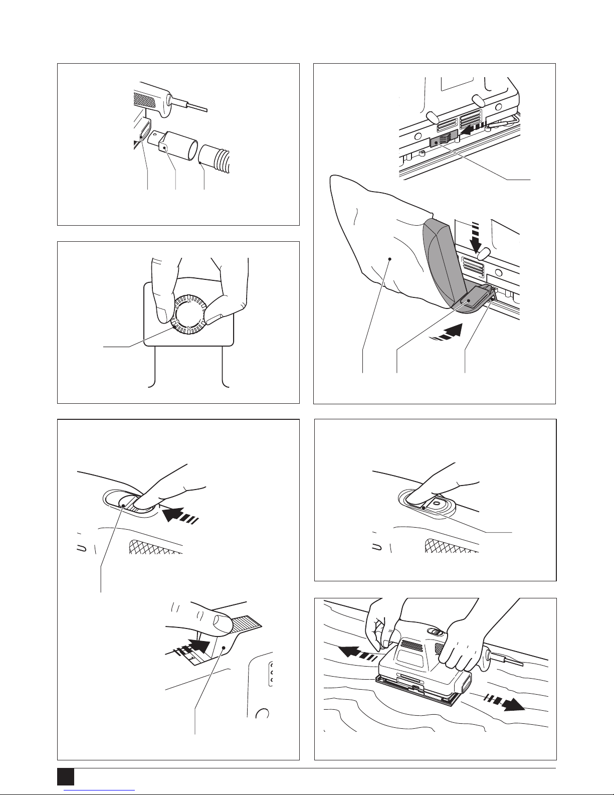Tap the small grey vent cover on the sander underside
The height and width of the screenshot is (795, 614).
(443, 138)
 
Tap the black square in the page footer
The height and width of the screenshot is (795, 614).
(65, 777)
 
